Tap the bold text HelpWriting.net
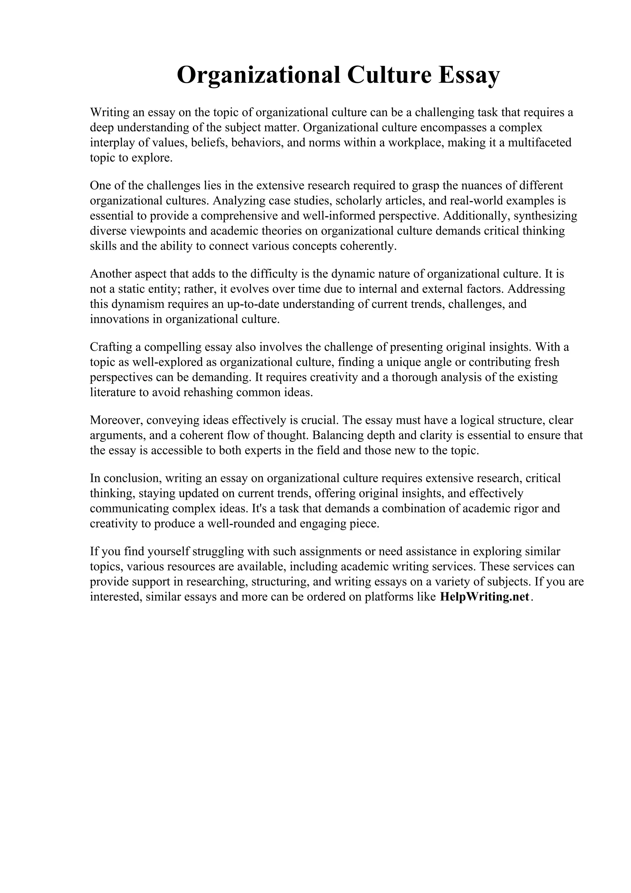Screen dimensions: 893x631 (484, 597)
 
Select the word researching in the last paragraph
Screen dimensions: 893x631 (217, 581)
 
